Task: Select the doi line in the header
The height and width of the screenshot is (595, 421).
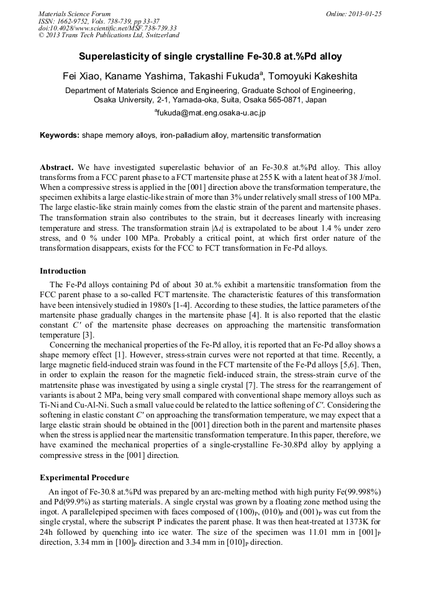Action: [x=107, y=28]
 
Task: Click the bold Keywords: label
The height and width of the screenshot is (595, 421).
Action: [x=60, y=135]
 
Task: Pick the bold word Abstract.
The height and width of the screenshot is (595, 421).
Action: [x=57, y=168]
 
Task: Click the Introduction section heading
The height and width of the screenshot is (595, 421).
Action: [x=63, y=271]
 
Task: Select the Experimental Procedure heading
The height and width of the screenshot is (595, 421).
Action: [x=84, y=478]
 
